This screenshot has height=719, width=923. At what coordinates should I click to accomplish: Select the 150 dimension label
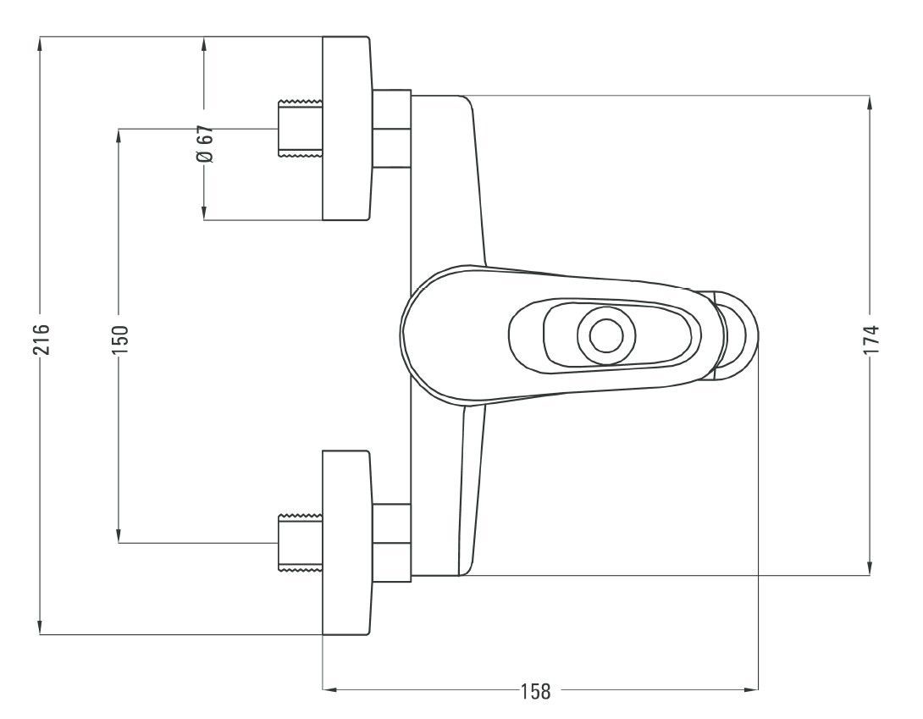tap(119, 340)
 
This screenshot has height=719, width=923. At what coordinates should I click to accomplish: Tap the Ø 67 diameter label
tap(204, 144)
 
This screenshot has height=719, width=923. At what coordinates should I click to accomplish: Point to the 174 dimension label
tap(870, 340)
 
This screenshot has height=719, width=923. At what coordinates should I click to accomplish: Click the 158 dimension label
tap(535, 691)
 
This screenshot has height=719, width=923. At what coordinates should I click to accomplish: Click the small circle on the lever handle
tap(605, 336)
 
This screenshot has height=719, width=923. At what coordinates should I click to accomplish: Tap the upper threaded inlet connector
tap(300, 129)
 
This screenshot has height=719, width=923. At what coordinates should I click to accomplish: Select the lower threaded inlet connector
tap(300, 542)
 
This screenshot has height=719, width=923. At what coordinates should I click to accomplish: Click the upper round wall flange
tap(346, 129)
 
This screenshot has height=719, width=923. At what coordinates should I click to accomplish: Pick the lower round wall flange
tap(346, 542)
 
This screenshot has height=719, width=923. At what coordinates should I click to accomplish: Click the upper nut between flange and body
tap(391, 129)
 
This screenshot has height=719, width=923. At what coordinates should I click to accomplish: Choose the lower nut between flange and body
tap(391, 542)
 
